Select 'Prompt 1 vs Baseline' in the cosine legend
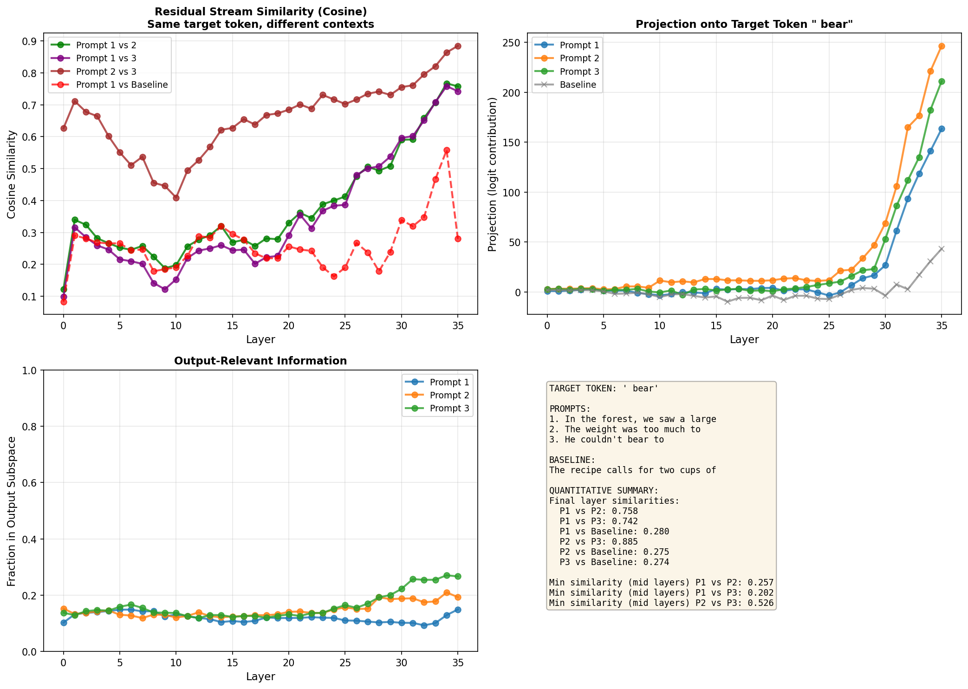(x=122, y=84)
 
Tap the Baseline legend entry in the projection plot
(x=578, y=84)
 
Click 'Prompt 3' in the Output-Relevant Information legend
(x=449, y=408)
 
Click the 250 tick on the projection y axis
(x=513, y=42)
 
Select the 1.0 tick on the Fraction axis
(x=32, y=370)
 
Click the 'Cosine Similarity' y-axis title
(x=12, y=174)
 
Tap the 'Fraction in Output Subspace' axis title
(x=12, y=511)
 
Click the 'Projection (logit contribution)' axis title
(x=492, y=174)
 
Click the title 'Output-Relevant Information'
(x=260, y=361)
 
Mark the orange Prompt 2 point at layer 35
(x=942, y=46)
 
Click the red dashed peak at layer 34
(x=447, y=150)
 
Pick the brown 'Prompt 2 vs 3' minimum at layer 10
(x=176, y=198)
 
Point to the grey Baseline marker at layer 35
(x=942, y=249)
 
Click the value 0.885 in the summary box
(x=625, y=542)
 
